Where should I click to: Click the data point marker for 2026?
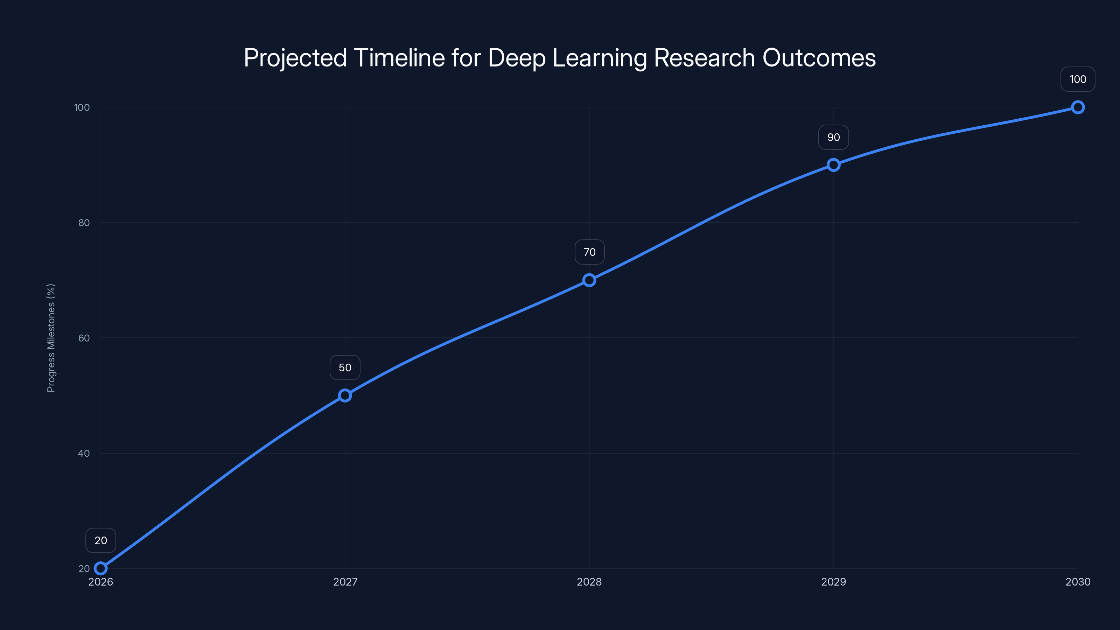100,568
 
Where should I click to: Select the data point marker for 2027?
345,395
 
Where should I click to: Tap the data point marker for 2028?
589,280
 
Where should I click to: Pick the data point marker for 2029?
833,165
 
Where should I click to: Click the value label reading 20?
100,540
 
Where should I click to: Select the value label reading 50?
345,367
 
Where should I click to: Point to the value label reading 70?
589,252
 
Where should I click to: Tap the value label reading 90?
833,138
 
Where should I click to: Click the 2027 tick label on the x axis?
345,582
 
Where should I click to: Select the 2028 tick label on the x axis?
589,582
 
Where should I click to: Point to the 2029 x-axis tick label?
833,582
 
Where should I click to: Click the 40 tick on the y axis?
84,453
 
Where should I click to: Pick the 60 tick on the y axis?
84,338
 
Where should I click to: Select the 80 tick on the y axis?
84,223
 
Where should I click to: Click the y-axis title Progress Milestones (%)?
51,338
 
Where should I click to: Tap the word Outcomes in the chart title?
819,58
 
